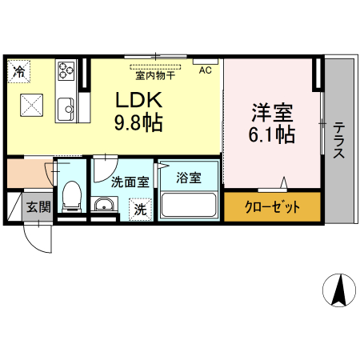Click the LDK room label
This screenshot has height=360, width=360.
click(141, 102)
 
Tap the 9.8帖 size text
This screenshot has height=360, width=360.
click(141, 123)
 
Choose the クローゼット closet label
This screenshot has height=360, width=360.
click(272, 207)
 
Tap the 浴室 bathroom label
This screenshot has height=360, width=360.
click(189, 176)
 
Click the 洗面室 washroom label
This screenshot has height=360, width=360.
click(130, 182)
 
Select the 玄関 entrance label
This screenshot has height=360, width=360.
click(37, 207)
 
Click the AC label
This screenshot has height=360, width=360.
click(206, 70)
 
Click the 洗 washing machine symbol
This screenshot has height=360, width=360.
click(140, 210)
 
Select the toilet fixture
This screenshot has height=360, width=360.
click(70, 195)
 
